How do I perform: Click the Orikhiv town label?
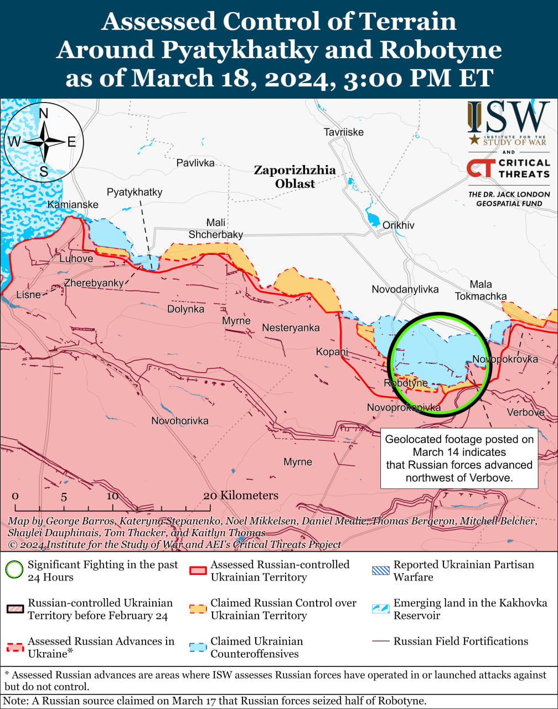398,225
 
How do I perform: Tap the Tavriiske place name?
343,132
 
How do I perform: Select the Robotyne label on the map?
406,383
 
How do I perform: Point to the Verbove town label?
525,413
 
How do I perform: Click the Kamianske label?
73,205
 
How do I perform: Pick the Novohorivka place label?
180,421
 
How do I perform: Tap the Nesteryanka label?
291,328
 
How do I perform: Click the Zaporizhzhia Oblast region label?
294,177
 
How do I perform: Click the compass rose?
44,142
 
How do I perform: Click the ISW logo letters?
508,117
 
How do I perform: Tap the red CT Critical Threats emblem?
479,168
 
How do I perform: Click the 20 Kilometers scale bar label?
240,495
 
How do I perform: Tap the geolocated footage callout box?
459,458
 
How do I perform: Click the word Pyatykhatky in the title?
240,50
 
